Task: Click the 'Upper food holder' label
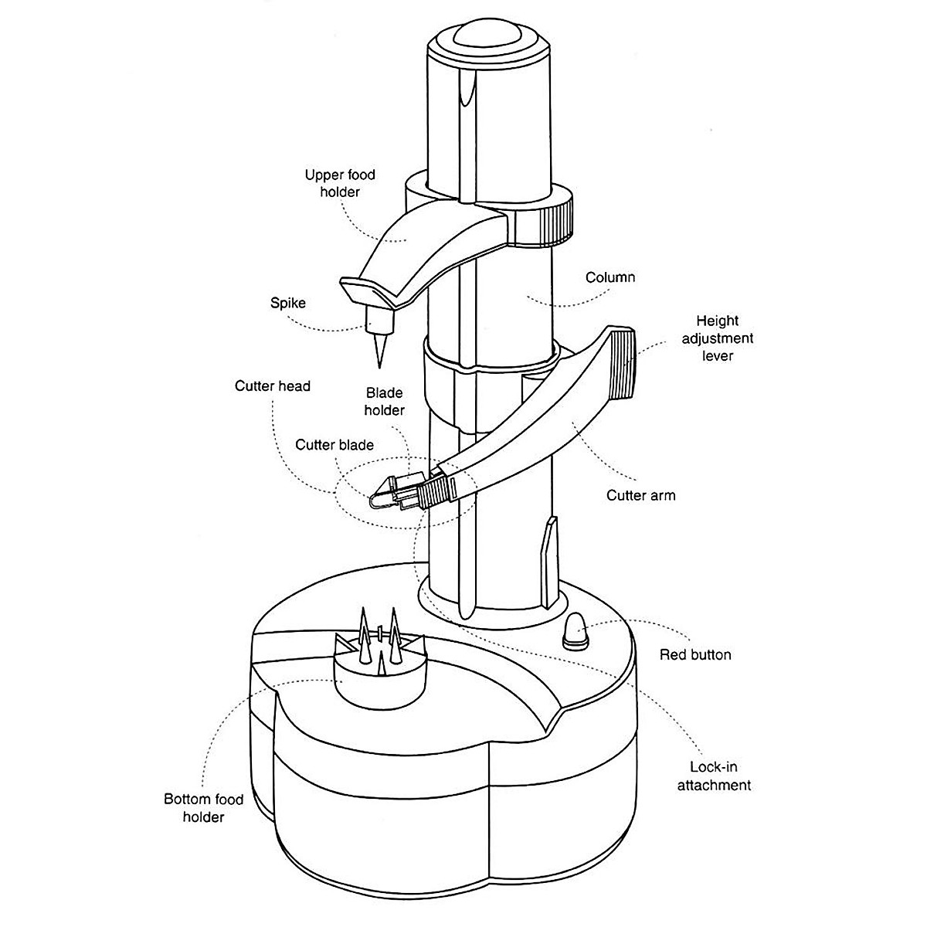pos(340,183)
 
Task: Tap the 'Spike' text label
pos(287,303)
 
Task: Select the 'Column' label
pos(610,277)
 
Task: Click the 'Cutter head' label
pos(273,385)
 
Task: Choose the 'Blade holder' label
pos(384,402)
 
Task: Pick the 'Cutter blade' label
pos(334,445)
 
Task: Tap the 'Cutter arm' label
pos(640,495)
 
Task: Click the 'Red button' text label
pos(695,655)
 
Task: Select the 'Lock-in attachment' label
pos(714,776)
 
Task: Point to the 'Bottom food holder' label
pos(204,807)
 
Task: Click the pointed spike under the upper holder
pos(379,344)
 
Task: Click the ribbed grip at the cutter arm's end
pos(622,363)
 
